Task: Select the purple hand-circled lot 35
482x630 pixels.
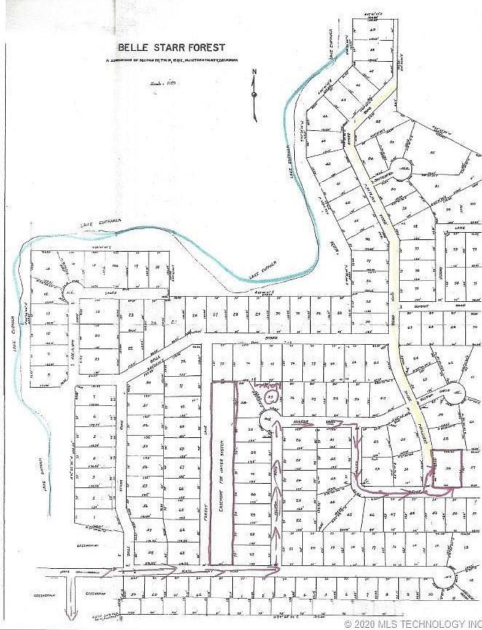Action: point(270,397)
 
